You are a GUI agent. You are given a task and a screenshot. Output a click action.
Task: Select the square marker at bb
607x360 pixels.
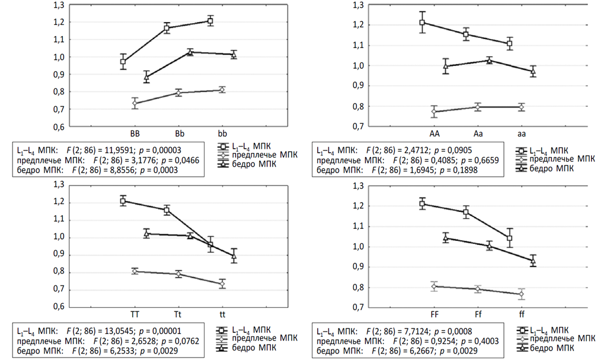[x=210, y=21]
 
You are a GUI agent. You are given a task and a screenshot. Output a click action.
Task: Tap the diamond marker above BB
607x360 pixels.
[x=135, y=104]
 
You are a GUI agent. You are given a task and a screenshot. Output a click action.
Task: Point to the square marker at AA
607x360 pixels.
[x=422, y=23]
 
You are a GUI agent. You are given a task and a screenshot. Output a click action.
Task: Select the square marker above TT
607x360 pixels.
[x=123, y=201]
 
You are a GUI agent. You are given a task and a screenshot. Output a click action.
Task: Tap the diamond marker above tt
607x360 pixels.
[x=222, y=284]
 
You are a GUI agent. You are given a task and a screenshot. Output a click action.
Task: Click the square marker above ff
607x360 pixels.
[x=509, y=238]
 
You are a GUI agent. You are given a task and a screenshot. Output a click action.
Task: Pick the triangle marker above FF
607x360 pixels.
[x=446, y=238]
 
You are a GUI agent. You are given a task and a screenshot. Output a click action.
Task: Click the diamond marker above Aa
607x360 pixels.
[x=478, y=107]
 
